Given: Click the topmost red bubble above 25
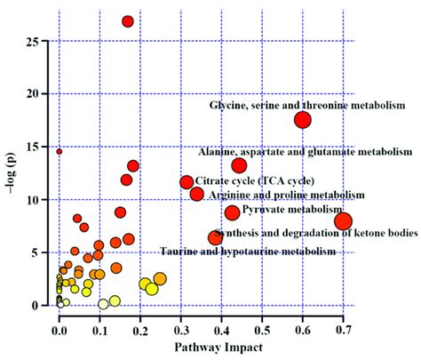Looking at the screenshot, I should tap(128, 21).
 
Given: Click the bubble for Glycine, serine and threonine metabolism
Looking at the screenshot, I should tap(302, 120).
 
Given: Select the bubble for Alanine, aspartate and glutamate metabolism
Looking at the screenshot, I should tap(239, 165).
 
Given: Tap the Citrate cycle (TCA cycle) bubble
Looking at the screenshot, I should tap(187, 182).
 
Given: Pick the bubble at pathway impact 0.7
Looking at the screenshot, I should tap(343, 221).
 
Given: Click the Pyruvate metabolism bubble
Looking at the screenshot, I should tap(232, 212).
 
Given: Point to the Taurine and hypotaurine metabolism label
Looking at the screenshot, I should tap(249, 252).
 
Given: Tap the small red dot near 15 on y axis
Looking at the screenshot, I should tap(60, 151).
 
